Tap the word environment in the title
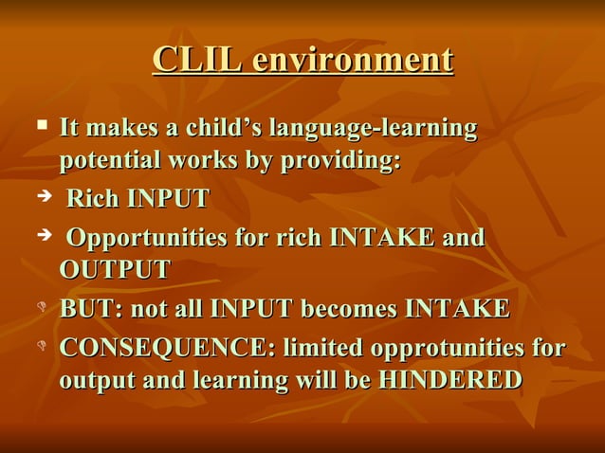point(353,60)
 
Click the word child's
point(223,127)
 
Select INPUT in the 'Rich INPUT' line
point(169,200)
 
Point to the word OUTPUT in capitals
point(115,270)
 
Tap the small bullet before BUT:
point(42,308)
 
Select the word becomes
point(354,309)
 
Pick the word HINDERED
point(449,381)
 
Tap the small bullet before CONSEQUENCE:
point(42,347)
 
